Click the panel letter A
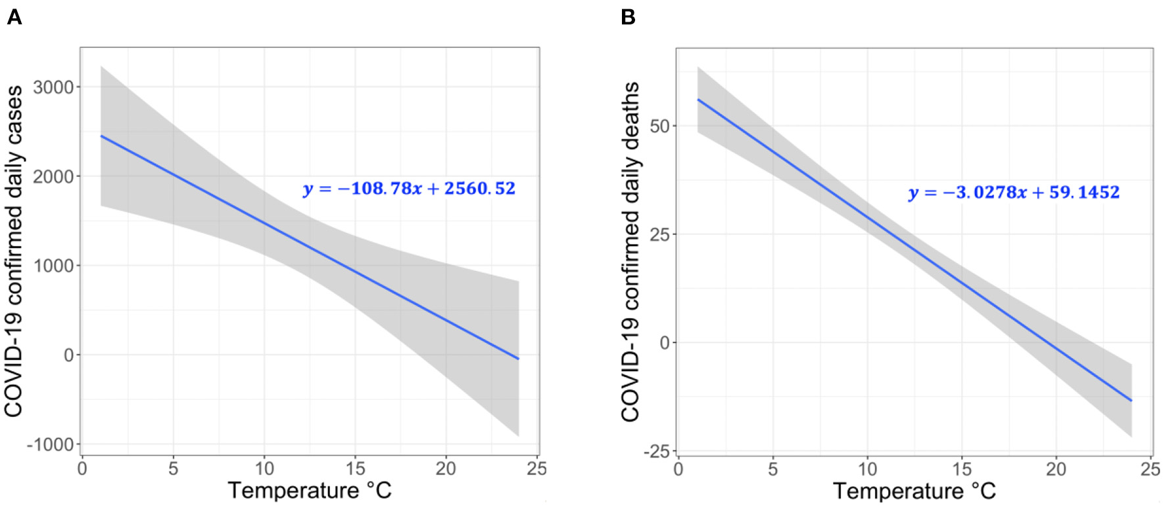coord(14,17)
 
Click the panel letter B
coord(627,17)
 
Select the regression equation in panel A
coord(409,189)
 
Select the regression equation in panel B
coord(1014,193)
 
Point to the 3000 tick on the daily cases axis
coord(53,87)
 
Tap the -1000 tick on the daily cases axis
coord(50,445)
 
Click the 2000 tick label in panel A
coord(53,176)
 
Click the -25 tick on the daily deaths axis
coord(655,452)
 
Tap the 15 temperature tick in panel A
coord(355,468)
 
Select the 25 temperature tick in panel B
coord(1150,469)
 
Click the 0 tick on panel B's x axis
coord(678,469)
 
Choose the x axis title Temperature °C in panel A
coord(309,491)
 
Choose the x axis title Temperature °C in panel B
coord(914,491)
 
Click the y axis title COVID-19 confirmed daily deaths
coord(630,251)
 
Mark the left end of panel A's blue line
coord(101,136)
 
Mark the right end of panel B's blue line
coord(1131,400)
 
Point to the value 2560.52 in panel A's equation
coord(479,189)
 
